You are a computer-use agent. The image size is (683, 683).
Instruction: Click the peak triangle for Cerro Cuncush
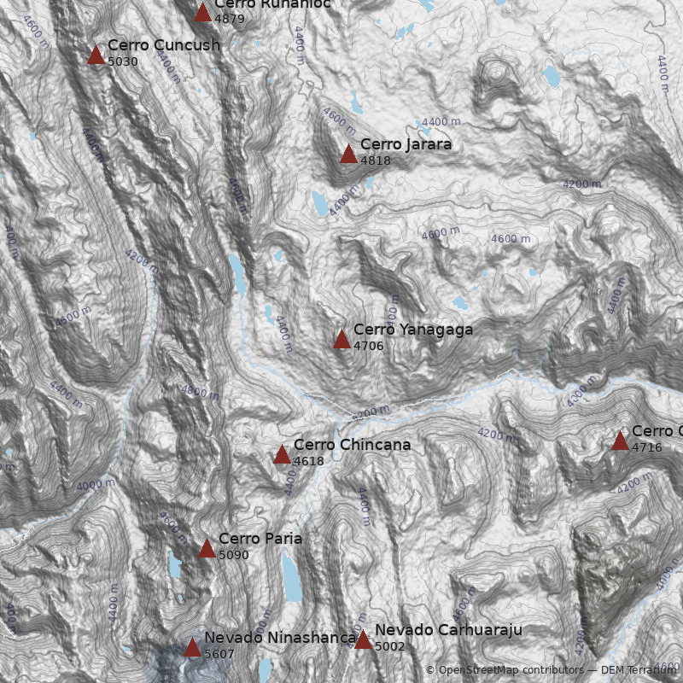point(96,55)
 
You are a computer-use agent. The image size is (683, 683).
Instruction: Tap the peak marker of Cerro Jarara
point(348,155)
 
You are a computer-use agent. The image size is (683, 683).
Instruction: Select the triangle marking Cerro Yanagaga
point(341,340)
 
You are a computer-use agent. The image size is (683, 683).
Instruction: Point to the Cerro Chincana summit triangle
point(282,455)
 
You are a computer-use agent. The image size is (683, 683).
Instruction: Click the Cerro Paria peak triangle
point(207,549)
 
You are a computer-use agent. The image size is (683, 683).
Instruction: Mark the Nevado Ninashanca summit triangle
point(192,648)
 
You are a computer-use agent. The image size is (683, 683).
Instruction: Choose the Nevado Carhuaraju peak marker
point(363,640)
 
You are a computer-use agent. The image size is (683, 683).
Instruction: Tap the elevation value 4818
point(376,161)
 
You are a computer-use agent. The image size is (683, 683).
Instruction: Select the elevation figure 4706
point(369,346)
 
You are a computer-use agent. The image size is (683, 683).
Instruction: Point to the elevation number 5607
point(219,654)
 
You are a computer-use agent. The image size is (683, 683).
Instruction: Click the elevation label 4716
point(647,447)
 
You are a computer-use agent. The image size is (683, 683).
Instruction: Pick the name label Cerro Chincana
point(352,445)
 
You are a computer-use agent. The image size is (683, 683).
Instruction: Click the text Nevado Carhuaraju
point(448,630)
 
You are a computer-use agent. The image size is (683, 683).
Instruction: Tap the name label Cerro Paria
point(260,539)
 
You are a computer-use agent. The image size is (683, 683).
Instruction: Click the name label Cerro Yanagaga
point(412,330)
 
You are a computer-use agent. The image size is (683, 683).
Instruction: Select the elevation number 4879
point(230,18)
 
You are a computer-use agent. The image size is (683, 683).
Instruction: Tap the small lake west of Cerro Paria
point(175,564)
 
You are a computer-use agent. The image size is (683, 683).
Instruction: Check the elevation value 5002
point(390,646)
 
